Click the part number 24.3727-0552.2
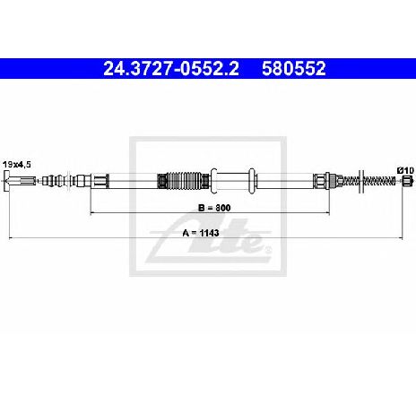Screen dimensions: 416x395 (171, 68)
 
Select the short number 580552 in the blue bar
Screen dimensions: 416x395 (294, 68)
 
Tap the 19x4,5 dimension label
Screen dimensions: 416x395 (17, 165)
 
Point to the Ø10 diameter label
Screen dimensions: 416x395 (405, 170)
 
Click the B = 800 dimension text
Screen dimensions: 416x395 (214, 208)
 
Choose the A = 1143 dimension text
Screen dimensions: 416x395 (201, 233)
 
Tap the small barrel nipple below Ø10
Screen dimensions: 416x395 (408, 181)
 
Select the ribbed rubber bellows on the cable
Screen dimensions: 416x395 (183, 181)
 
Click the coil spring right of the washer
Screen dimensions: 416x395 (379, 181)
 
